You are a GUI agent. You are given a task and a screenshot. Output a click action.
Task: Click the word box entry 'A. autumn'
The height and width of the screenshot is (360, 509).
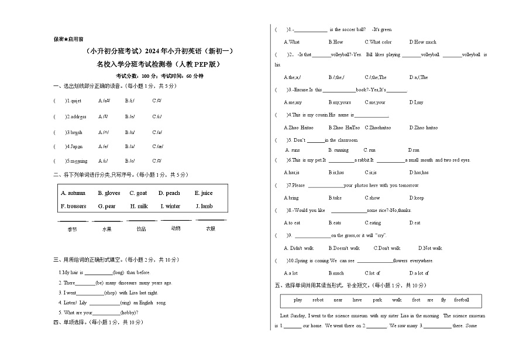pyautogui.click(x=73, y=193)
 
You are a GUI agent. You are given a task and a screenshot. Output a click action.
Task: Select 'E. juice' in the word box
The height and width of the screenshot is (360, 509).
pyautogui.click(x=204, y=193)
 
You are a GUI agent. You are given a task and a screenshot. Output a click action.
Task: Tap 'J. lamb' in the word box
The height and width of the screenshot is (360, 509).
pyautogui.click(x=204, y=206)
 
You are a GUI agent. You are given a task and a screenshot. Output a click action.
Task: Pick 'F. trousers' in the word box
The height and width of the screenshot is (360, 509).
pyautogui.click(x=73, y=206)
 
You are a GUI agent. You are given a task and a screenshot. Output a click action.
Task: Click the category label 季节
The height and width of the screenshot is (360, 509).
pyautogui.click(x=73, y=229)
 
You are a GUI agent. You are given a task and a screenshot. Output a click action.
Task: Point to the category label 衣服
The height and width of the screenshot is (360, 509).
pyautogui.click(x=211, y=228)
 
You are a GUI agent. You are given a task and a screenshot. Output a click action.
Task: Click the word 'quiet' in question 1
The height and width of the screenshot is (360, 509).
pyautogui.click(x=75, y=101)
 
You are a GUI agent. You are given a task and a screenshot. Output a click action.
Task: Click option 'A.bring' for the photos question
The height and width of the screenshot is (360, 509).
pyautogui.click(x=291, y=198)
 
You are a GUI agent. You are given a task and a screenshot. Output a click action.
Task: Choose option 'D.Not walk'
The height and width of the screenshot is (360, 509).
pyautogui.click(x=431, y=248)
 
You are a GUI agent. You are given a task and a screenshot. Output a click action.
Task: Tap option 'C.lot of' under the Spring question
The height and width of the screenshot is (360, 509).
pyautogui.click(x=372, y=273)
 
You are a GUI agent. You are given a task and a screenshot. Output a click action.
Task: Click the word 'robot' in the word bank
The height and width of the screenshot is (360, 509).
pyautogui.click(x=318, y=300)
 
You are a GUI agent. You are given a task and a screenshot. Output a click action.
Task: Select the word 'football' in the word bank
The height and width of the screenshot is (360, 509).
pyautogui.click(x=462, y=300)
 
